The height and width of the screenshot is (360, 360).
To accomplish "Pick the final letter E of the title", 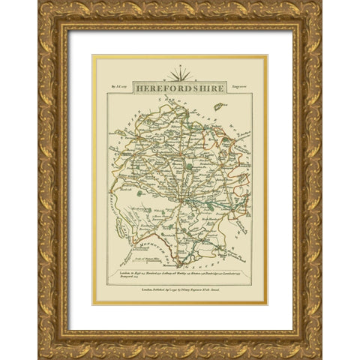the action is (223, 87).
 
